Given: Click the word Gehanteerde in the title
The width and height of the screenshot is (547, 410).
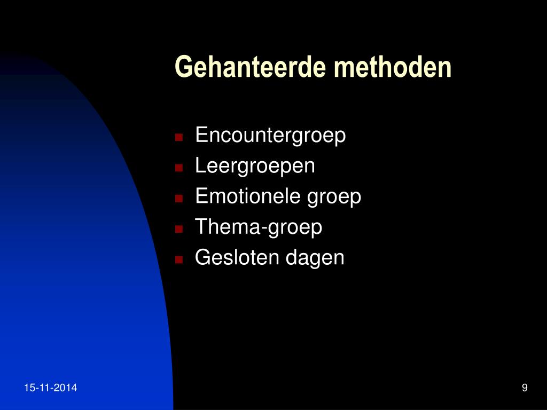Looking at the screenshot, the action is (x=251, y=67).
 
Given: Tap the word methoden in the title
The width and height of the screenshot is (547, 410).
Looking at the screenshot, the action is (x=393, y=67).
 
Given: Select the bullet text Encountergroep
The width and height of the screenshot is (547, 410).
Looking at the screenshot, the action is (x=270, y=136).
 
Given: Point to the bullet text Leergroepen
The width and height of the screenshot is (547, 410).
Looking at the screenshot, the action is (x=255, y=166).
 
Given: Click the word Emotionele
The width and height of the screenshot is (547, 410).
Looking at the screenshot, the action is (x=248, y=196).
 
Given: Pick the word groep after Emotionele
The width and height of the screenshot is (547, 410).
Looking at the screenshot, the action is (x=334, y=198).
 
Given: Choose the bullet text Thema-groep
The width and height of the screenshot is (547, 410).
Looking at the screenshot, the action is (x=259, y=227).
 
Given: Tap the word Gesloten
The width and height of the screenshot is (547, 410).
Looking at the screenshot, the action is (x=237, y=258).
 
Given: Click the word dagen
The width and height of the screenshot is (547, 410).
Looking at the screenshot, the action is (x=315, y=258).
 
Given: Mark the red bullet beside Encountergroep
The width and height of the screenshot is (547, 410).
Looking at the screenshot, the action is (x=179, y=137).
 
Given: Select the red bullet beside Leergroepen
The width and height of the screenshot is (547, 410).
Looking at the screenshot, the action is (x=179, y=168).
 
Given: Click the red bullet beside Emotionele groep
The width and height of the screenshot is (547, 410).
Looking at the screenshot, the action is (x=179, y=199).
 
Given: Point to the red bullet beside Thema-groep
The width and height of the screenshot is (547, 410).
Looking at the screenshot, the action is (x=179, y=229).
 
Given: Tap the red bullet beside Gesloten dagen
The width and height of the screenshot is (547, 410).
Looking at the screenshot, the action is (x=179, y=260).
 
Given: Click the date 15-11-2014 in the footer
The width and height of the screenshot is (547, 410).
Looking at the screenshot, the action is (x=51, y=388).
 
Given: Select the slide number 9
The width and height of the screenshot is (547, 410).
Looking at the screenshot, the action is (x=525, y=388).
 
